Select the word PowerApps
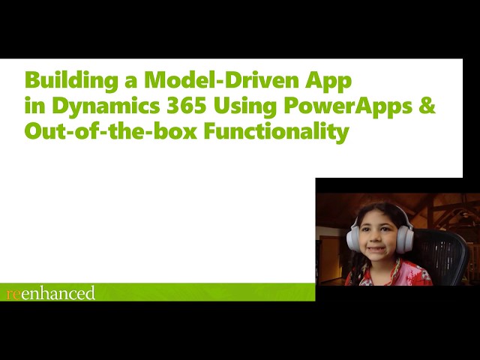coord(348,107)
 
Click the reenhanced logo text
coord(50,292)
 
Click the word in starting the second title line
coord(33,106)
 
